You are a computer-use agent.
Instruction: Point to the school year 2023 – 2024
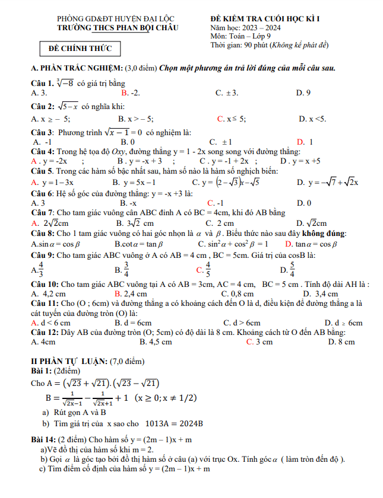tap(264, 28)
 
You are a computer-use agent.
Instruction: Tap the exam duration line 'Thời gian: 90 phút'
tap(269, 45)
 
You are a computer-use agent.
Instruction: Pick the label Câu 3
tap(42, 132)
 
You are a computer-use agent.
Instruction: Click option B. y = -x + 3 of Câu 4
tap(140, 161)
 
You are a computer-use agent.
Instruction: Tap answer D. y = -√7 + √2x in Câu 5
tap(327, 182)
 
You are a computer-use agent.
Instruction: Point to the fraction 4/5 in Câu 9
tap(207, 269)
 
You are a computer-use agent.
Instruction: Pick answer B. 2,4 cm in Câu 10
tap(131, 293)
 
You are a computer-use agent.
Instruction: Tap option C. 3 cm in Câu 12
tap(259, 341)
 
